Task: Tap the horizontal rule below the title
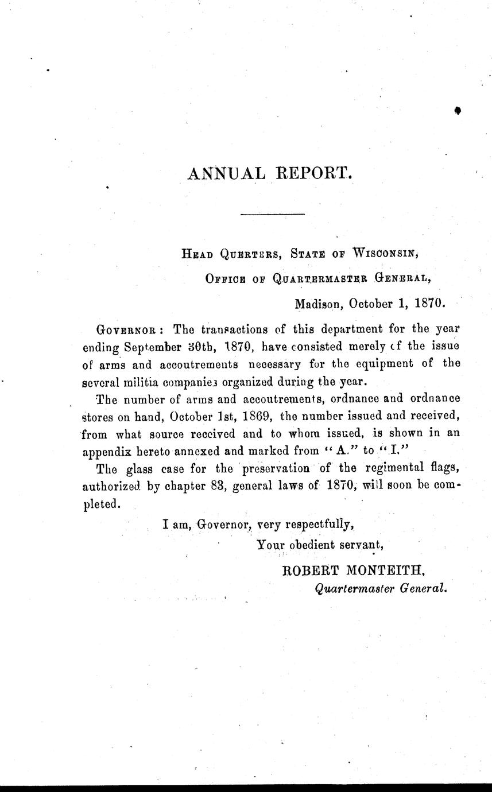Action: [272, 215]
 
